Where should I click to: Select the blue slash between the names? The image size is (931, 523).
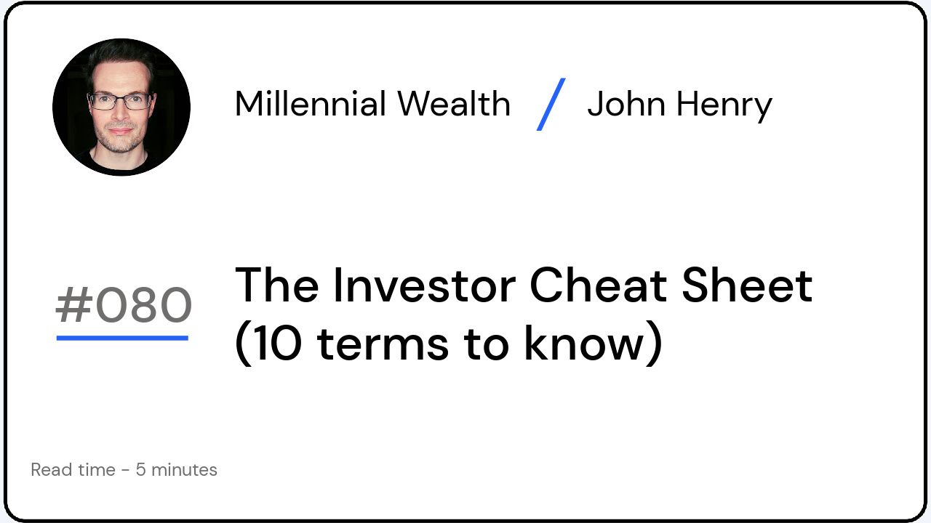(x=551, y=104)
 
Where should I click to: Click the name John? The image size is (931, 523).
(x=626, y=104)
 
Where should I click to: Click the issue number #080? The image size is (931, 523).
(x=124, y=306)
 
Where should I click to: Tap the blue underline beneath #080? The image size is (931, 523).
(x=122, y=338)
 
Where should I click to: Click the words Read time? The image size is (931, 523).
(x=73, y=470)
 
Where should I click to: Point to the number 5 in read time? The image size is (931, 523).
(x=140, y=470)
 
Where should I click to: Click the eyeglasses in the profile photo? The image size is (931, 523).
(x=120, y=101)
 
